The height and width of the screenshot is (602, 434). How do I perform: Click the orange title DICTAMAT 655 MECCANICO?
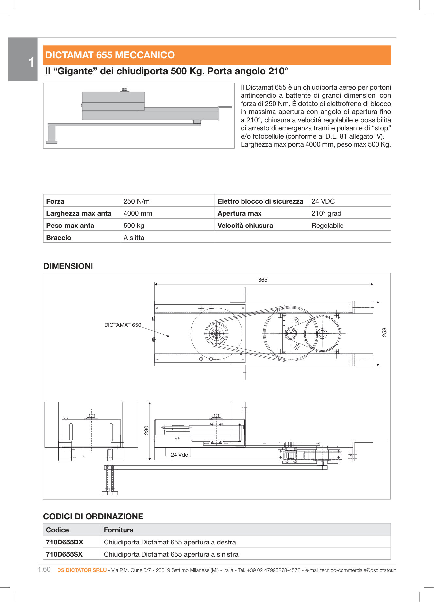coord(110,55)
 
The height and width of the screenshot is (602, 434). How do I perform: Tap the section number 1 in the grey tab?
coord(31,62)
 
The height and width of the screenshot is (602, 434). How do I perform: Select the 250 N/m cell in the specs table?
coord(137,201)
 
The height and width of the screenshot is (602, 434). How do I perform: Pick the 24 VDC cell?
coord(323,201)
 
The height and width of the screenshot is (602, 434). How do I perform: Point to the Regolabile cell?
coord(327,226)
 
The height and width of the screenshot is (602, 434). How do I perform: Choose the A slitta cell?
coord(134,238)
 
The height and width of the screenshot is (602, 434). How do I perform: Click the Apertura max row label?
coord(239,213)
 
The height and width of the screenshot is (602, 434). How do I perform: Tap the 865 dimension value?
coord(262,280)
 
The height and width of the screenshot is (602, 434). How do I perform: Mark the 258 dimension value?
coord(385,332)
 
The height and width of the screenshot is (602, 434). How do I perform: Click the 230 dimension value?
coord(147,430)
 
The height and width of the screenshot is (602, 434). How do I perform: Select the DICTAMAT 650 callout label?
coord(123,325)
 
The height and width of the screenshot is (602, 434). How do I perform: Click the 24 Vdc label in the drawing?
coord(179,455)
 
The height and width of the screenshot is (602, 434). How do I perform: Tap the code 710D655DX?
coord(65,542)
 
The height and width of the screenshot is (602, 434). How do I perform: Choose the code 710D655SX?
coord(64,554)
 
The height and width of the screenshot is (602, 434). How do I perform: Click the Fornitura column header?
coord(119,530)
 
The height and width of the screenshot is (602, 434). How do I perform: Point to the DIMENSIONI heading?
coord(68,266)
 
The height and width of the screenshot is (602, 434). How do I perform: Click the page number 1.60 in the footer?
coord(44,570)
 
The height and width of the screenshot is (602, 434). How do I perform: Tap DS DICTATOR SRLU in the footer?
coord(82,570)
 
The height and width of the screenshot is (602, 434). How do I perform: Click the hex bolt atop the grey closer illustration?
coord(125,90)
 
